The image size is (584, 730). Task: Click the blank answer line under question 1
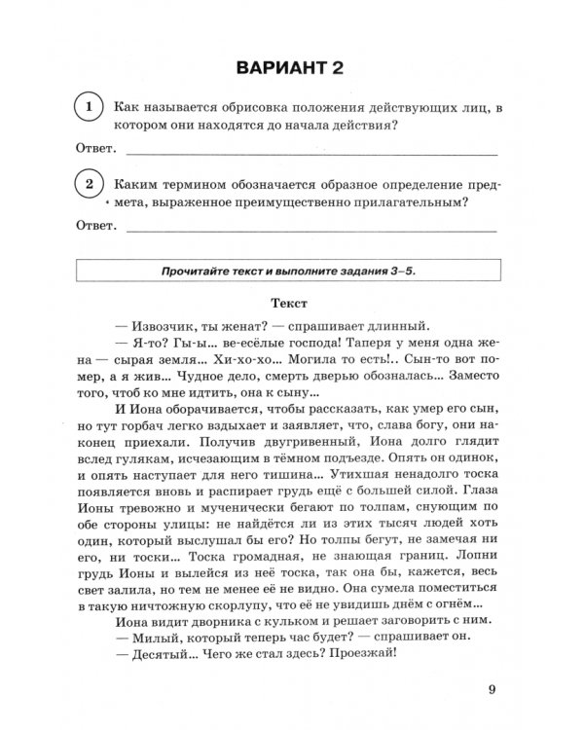tap(311, 153)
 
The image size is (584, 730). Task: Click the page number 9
tap(493, 693)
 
